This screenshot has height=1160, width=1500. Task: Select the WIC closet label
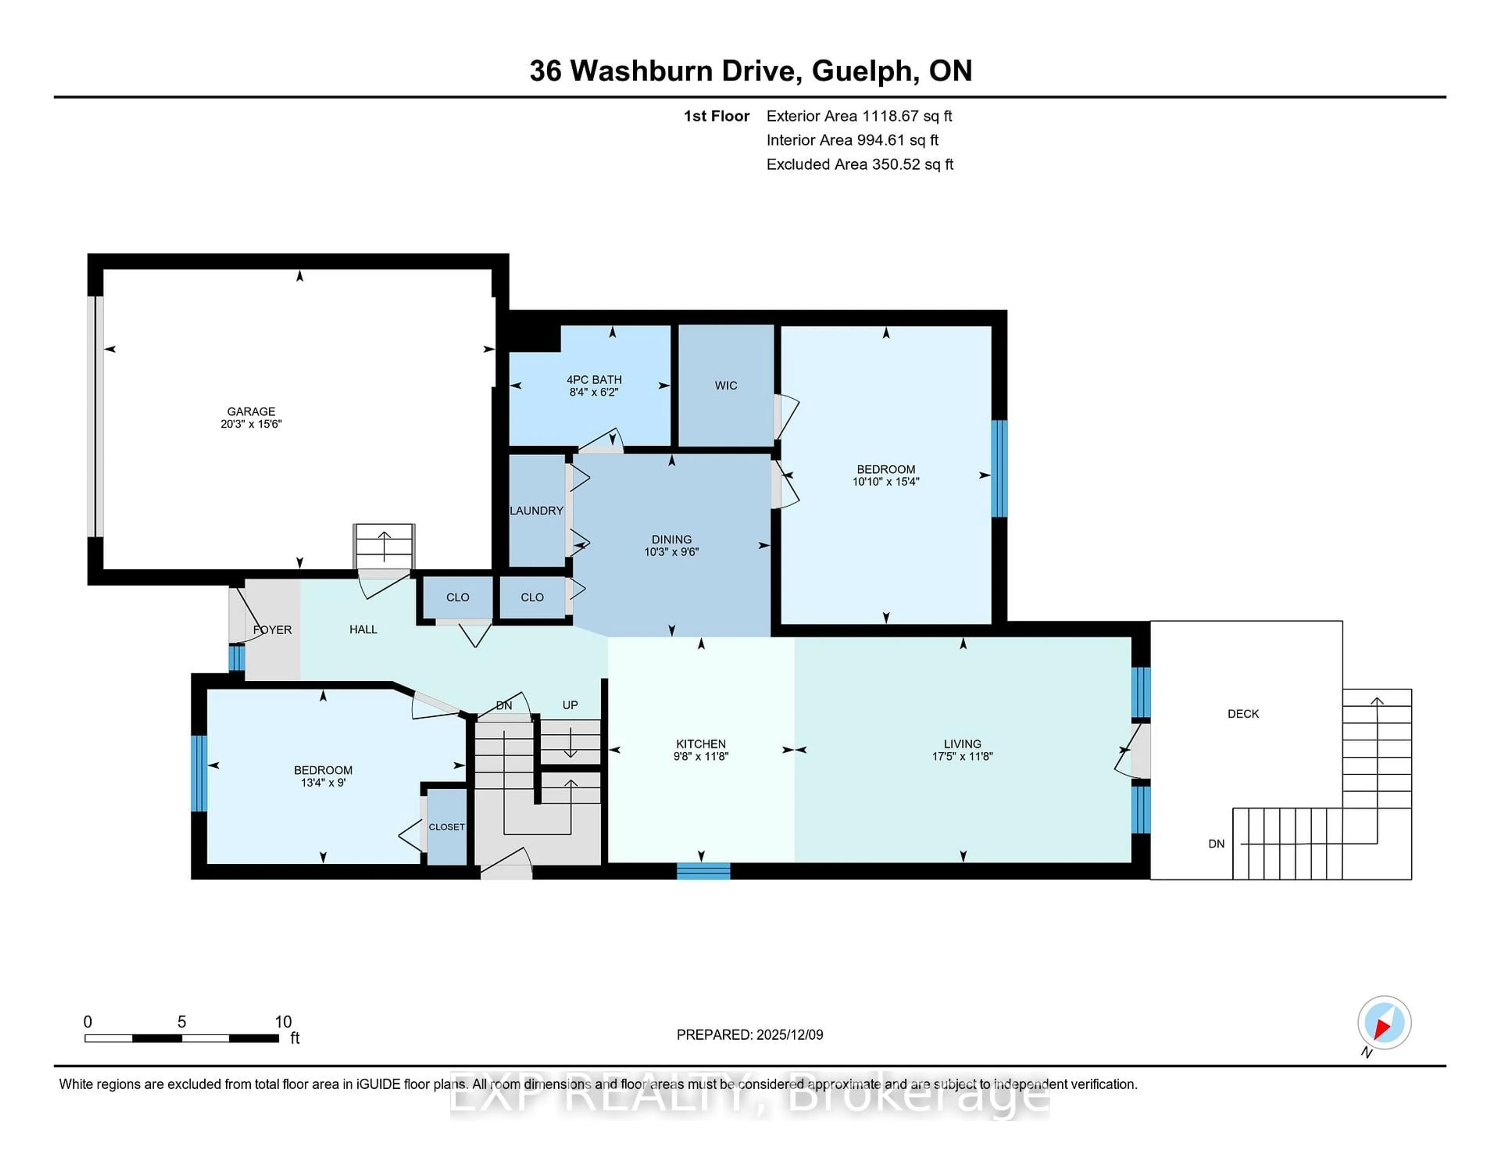coord(725,385)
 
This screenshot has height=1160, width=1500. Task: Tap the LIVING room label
coord(962,743)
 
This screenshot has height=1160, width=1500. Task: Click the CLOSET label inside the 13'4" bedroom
coord(446,827)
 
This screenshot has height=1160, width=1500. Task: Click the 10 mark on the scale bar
coord(283,1022)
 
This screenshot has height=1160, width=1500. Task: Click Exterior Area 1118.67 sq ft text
coord(859,116)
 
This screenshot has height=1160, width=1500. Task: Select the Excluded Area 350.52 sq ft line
coord(859,164)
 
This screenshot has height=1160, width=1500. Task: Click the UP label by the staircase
coord(570,705)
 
